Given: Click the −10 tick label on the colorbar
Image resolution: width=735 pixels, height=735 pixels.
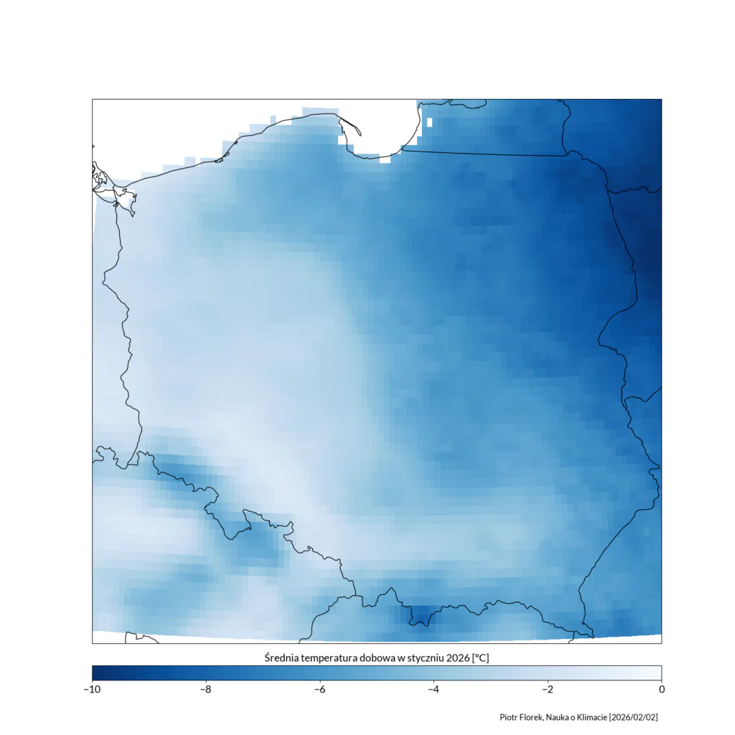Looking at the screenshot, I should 92,690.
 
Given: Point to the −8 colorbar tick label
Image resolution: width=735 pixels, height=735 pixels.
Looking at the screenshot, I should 206,690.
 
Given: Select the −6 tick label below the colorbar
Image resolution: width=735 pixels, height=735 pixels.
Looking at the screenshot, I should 320,690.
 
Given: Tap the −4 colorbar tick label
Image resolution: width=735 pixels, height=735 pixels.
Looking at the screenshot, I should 434,690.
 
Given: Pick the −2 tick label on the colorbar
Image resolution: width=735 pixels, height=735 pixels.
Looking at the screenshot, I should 548,690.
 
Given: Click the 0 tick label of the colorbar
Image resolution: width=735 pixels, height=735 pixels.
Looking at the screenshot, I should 661,690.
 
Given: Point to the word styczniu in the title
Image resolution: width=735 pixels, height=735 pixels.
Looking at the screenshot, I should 423,657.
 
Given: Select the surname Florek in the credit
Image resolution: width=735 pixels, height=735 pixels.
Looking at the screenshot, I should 532,717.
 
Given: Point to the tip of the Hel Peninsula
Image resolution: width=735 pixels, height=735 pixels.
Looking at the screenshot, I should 360,134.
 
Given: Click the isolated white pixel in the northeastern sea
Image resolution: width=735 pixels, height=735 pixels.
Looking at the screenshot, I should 429,122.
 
